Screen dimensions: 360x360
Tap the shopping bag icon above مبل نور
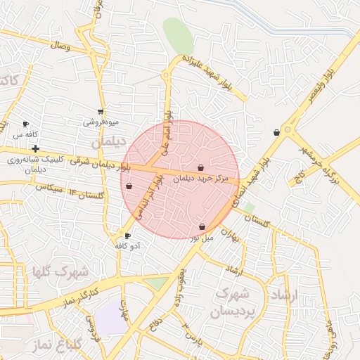(202, 227)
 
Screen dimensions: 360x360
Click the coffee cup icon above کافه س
(26, 124)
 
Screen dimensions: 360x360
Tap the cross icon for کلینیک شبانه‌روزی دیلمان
(35, 148)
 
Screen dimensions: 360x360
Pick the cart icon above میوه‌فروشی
(101, 111)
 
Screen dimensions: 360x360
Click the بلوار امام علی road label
(167, 127)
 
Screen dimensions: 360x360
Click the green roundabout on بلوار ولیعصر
(287, 129)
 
